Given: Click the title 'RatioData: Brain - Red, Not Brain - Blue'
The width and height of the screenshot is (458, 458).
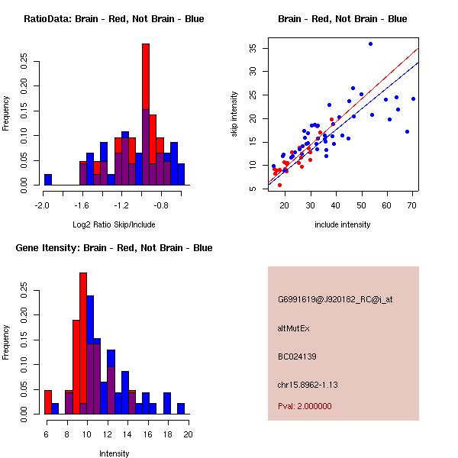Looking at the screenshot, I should [114, 19].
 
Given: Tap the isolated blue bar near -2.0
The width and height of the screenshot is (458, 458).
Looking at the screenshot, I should [48, 179].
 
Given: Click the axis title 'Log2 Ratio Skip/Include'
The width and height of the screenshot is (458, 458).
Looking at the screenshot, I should [114, 224].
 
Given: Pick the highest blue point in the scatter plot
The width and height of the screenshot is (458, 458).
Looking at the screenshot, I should [370, 44].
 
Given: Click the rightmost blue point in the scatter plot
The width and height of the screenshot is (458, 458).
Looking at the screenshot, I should [413, 98].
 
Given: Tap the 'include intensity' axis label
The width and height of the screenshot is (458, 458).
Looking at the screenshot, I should [343, 224].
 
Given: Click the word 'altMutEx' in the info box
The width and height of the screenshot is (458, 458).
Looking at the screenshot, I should [294, 328].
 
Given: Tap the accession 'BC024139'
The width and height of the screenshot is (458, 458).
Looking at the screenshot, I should [298, 356].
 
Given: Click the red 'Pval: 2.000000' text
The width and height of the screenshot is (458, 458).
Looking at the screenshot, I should [305, 406].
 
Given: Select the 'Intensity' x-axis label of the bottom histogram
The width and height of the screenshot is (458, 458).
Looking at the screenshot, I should [114, 453].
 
